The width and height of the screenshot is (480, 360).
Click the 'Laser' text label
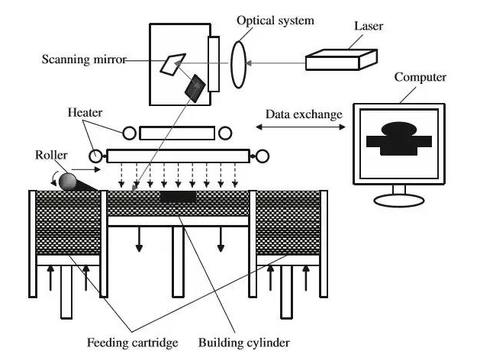tap(369, 26)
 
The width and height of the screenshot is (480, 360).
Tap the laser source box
tap(341, 60)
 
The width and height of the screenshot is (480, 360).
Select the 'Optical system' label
tap(275, 21)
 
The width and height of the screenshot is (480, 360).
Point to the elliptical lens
tap(238, 65)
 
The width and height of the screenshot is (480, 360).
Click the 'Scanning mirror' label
tap(84, 59)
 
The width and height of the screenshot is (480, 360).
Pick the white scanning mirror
tap(172, 64)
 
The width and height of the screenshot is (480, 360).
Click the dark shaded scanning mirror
tap(195, 88)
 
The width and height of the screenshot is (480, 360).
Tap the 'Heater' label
tap(85, 113)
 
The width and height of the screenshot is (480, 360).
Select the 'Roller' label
tap(51, 155)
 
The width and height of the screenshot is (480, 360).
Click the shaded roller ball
tap(67, 182)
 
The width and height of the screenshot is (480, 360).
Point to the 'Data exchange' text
tap(304, 114)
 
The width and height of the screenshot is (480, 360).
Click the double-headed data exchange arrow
tap(301, 127)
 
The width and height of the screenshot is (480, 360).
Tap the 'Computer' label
tap(420, 77)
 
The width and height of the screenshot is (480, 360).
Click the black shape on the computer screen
tap(399, 139)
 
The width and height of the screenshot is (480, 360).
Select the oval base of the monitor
tap(399, 201)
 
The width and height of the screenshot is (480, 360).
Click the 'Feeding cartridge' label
tap(132, 342)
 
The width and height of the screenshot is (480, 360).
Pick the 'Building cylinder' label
tap(244, 342)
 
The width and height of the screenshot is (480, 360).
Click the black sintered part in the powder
tap(178, 196)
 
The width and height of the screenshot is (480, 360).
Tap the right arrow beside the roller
tap(86, 169)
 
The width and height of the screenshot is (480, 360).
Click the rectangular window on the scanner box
tap(214, 64)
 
